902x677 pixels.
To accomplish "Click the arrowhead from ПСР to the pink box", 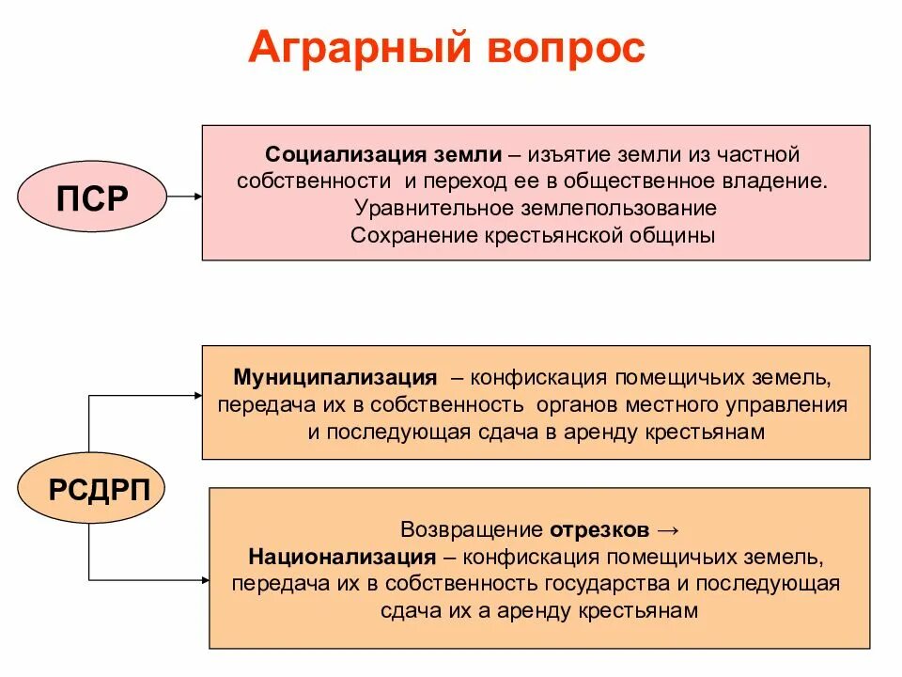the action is (x=196, y=197).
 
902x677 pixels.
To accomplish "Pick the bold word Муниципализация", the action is (x=335, y=378).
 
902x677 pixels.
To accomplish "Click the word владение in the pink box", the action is (x=786, y=180).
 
